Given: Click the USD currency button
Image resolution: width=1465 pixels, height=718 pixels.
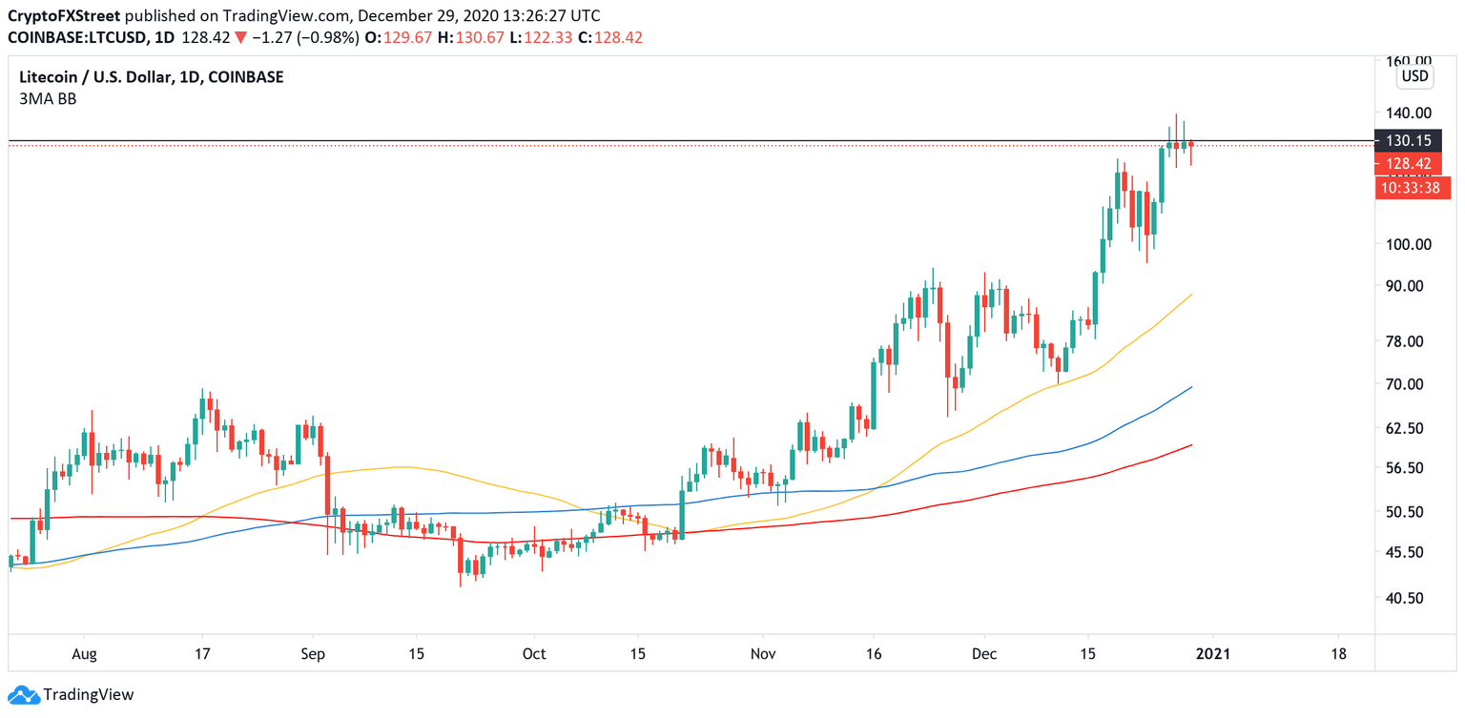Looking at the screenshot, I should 1413,76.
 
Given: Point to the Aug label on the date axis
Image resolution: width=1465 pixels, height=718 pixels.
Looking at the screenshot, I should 84,654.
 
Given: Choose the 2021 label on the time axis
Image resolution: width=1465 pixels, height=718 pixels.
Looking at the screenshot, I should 1212,654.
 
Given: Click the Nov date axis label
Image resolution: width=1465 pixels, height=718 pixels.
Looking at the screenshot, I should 762,654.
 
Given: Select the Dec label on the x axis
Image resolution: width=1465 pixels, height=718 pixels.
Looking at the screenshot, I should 984,654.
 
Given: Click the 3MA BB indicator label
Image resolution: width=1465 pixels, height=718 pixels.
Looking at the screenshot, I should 48,98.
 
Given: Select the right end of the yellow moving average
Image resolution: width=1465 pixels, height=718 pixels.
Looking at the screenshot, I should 1192,295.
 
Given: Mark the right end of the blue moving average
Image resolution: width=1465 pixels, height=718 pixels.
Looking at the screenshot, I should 1192,387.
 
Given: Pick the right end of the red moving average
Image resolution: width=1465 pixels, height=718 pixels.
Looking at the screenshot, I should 1192,444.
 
